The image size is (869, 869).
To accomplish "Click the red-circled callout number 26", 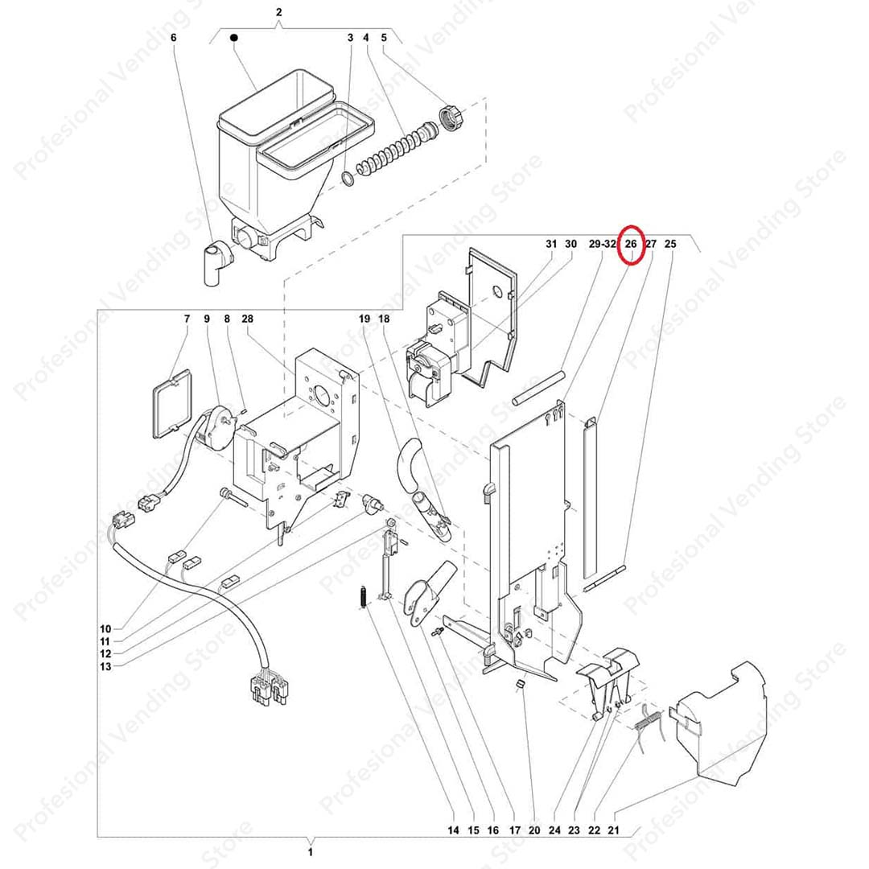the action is point(631,244).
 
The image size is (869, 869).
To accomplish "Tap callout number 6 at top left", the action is point(174,38).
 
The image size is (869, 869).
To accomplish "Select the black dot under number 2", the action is point(234,38).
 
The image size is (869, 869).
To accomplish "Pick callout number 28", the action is point(247,319).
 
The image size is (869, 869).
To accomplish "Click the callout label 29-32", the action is point(602,244).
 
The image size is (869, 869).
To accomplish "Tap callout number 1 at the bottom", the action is point(311,852).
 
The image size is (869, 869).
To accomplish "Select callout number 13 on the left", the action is point(105,667).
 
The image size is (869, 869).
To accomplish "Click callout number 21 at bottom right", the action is point(613,830).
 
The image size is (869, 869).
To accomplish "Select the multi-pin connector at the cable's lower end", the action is point(269,689).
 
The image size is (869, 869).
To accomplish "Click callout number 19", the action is point(364,319).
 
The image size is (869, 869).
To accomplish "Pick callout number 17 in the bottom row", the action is point(515,830).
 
